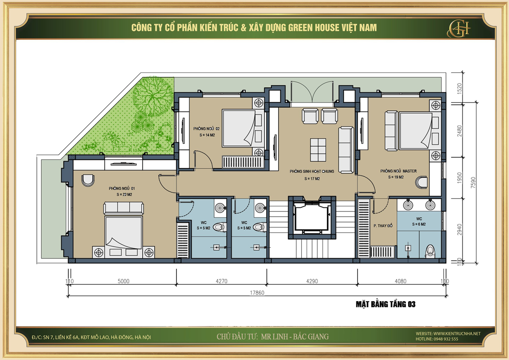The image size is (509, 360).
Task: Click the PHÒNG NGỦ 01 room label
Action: click(122, 188)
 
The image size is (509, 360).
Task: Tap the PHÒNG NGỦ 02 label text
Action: click(206, 128)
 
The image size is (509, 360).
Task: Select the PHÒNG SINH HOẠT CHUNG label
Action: click(312, 171)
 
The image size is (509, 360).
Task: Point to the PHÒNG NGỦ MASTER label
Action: click(399, 171)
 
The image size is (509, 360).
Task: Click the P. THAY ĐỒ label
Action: click(383, 226)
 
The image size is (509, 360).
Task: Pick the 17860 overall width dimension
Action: click(257, 293)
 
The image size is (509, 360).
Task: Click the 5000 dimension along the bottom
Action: click(123, 281)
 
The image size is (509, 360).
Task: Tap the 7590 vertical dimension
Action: click(473, 182)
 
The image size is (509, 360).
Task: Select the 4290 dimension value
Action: click(312, 281)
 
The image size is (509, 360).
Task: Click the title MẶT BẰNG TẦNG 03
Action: click(386, 304)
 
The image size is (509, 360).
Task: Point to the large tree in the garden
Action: click(153, 97)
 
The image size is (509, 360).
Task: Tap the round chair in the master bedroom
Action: click(422, 183)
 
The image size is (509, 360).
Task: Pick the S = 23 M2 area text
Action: click(124, 195)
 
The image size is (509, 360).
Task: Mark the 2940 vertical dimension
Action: click(459, 230)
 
